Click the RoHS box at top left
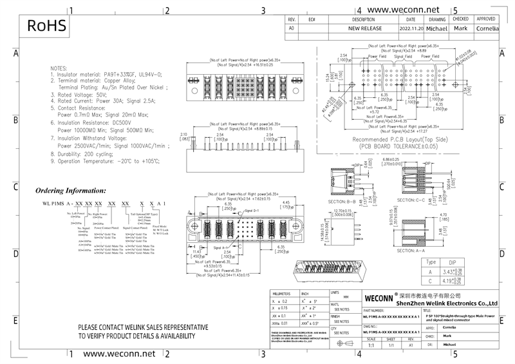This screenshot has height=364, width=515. click(x=46, y=26)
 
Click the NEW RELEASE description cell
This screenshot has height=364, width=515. click(x=365, y=29)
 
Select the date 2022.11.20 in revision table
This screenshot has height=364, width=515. click(x=411, y=29)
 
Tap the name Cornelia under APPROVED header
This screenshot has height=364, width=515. click(x=487, y=29)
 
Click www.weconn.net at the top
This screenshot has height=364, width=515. click(x=404, y=10)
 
